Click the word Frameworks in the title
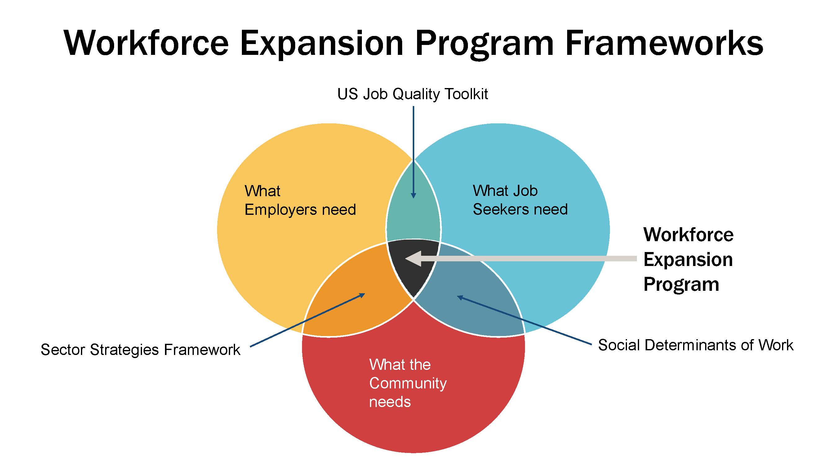664,43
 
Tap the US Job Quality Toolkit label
412,94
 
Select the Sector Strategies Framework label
140,349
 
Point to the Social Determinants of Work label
696,345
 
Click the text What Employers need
300,200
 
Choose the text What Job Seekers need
520,200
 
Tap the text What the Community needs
408,383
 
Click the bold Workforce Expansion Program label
688,259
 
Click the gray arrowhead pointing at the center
414,259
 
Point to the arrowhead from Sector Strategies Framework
362,295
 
